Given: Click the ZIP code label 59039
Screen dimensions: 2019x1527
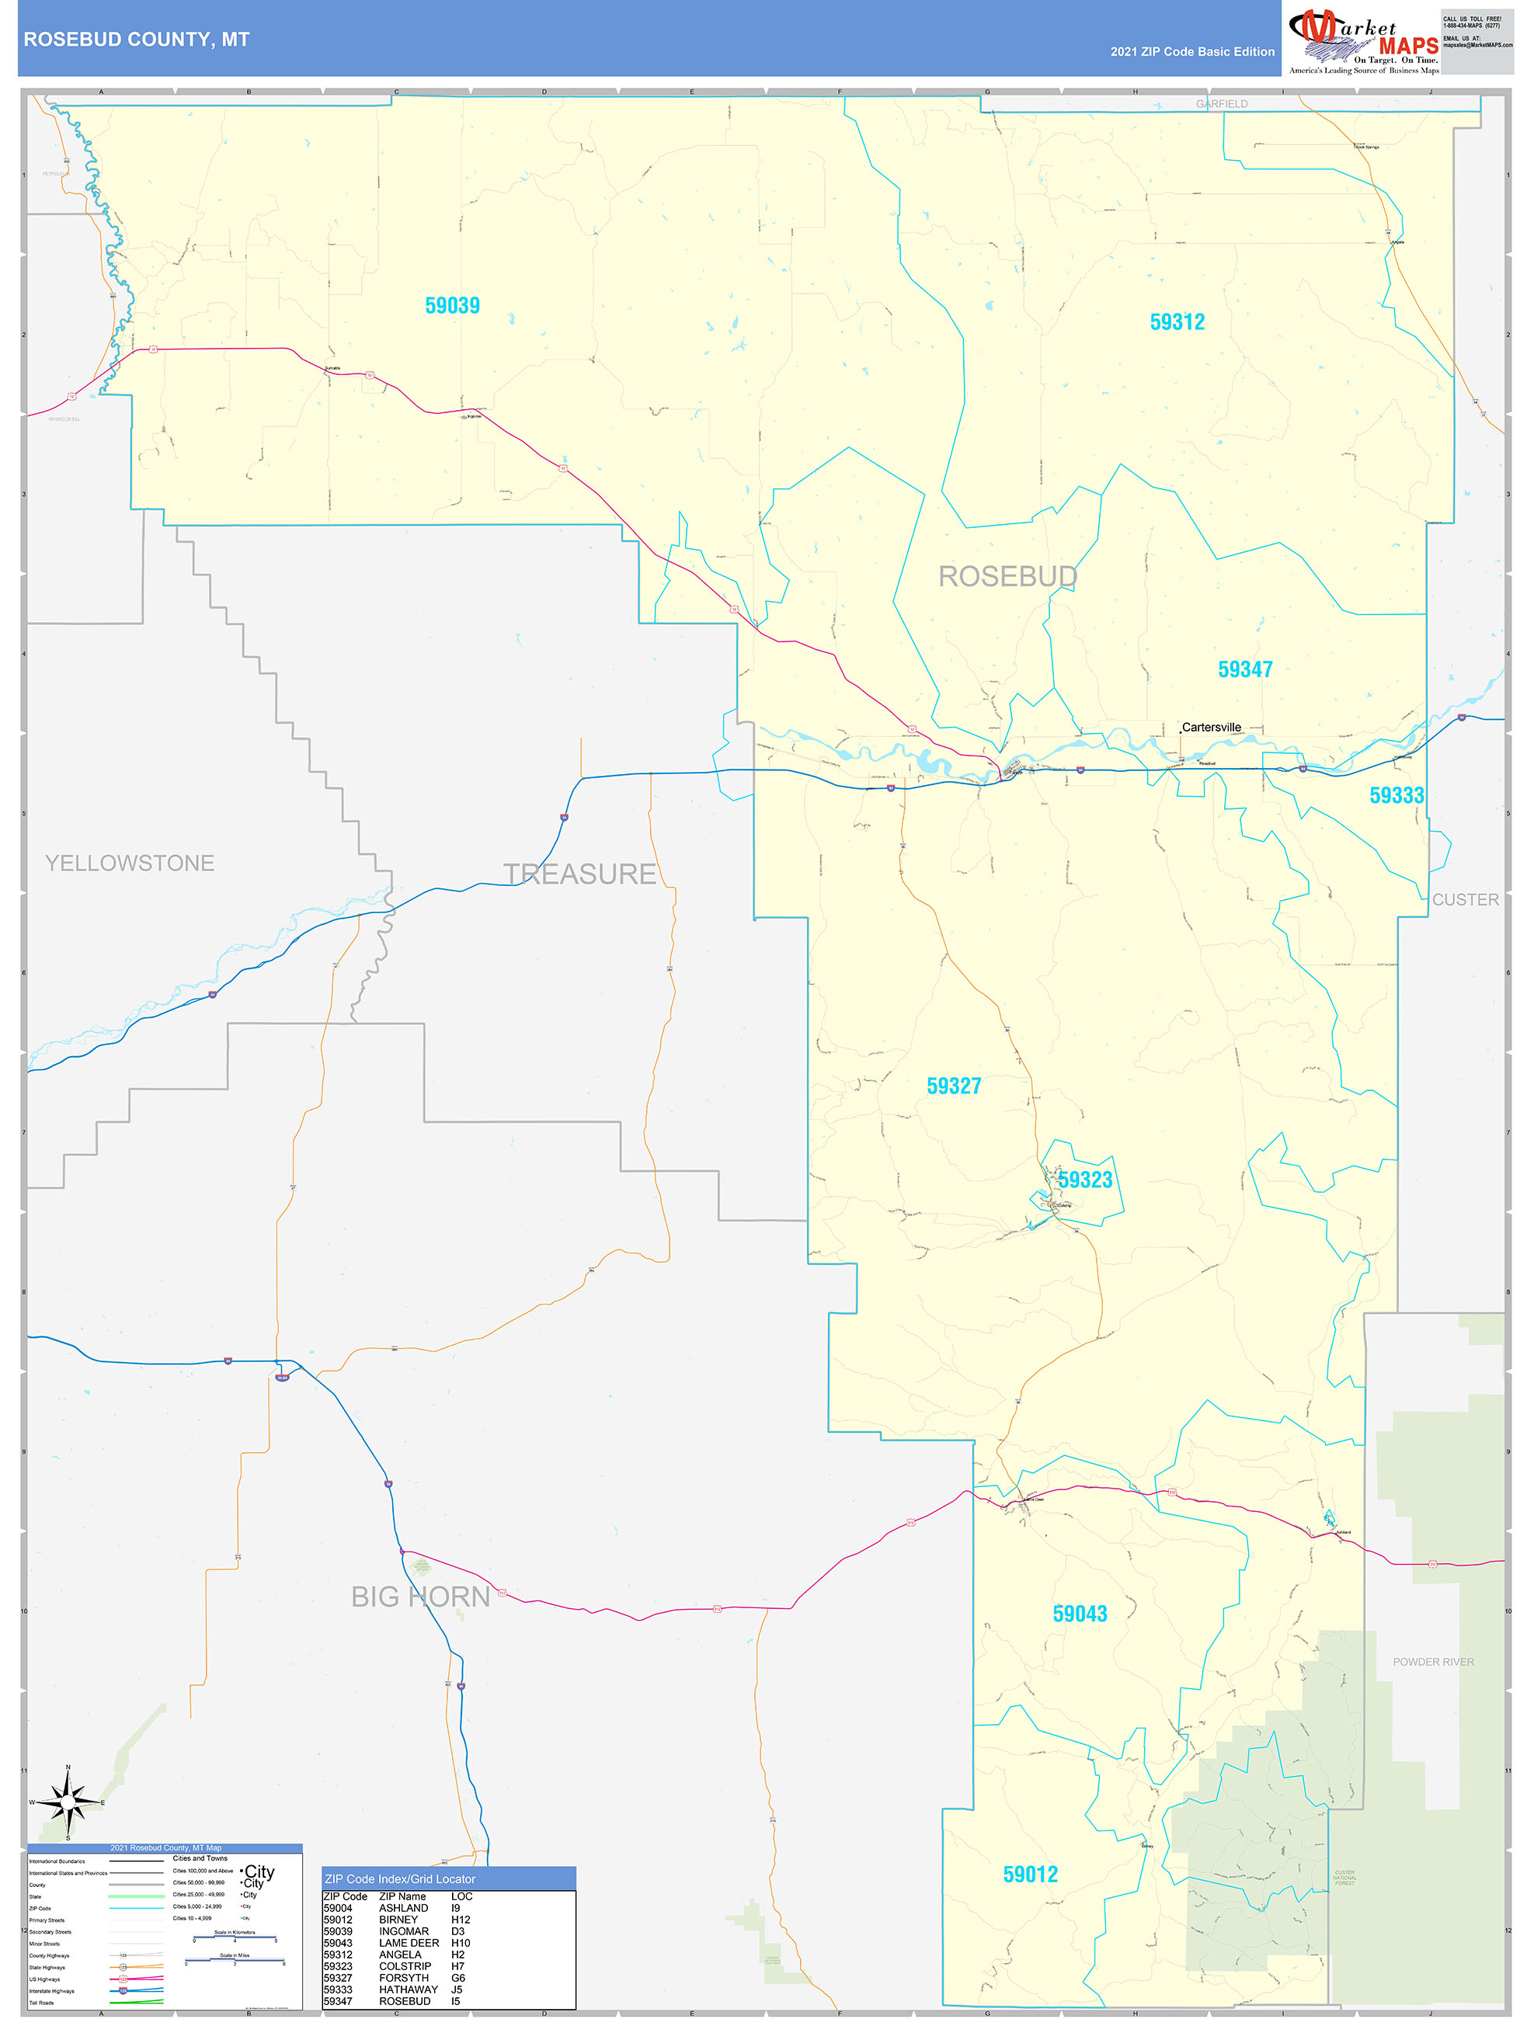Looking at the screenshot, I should (452, 306).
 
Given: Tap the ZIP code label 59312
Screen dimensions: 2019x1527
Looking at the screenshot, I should (1177, 322).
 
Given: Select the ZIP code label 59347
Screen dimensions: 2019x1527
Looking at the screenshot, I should (1244, 669).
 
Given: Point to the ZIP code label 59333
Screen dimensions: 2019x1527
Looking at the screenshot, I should (1396, 795).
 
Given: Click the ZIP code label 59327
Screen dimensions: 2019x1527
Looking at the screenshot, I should (954, 1086).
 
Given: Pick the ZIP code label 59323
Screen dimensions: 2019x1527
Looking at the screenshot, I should (1085, 1180).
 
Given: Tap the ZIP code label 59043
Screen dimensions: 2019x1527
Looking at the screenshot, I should (1080, 1613).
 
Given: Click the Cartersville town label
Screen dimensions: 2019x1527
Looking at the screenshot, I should (1211, 728).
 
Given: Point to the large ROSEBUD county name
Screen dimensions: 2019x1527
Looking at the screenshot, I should (1007, 577).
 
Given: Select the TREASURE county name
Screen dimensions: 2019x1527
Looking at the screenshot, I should (579, 874).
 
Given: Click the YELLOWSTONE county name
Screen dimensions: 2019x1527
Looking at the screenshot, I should (130, 863).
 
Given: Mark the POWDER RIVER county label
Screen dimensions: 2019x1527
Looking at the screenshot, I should (1432, 1661).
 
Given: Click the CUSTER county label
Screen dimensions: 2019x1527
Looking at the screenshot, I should (1464, 899).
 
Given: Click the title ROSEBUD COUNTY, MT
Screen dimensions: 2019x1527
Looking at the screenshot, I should (136, 40).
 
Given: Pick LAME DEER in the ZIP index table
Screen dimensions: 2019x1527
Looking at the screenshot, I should (409, 1942).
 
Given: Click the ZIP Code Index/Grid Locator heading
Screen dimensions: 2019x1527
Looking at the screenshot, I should (400, 1878).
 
